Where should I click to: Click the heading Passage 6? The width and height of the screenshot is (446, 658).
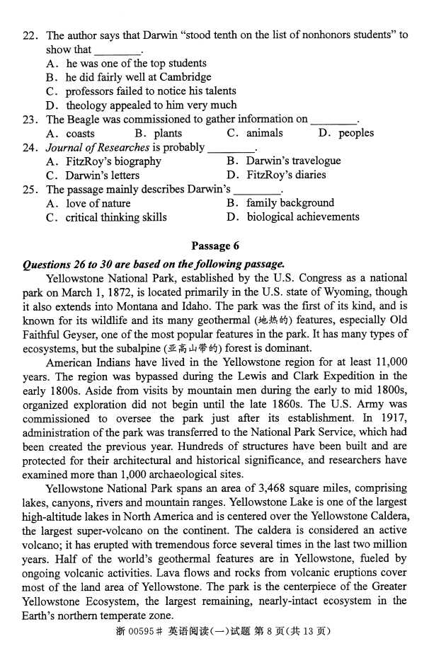tap(215, 246)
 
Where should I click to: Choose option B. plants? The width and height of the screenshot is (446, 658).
tap(158, 133)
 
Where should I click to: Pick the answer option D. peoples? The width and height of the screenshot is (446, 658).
tap(346, 133)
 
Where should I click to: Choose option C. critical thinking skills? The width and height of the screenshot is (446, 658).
tap(106, 217)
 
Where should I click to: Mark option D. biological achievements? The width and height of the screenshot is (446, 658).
tap(293, 217)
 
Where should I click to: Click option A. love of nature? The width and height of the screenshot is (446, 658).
tap(88, 204)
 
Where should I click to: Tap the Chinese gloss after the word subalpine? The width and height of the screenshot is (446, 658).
tap(192, 349)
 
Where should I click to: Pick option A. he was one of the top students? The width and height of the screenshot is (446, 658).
tap(126, 63)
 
